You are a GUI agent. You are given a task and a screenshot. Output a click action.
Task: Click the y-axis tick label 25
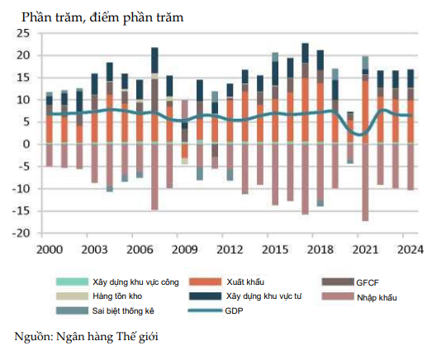click(22, 33)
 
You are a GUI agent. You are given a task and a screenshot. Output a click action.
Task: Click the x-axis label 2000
click(49, 249)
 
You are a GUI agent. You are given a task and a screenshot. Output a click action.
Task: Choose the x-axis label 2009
click(184, 249)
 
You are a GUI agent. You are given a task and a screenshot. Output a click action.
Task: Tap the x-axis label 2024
click(410, 249)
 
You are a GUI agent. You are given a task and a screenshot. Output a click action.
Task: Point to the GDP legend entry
click(236, 310)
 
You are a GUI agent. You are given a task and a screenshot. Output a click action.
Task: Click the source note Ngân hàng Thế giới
click(86, 336)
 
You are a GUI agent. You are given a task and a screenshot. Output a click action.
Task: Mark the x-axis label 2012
click(230, 249)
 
